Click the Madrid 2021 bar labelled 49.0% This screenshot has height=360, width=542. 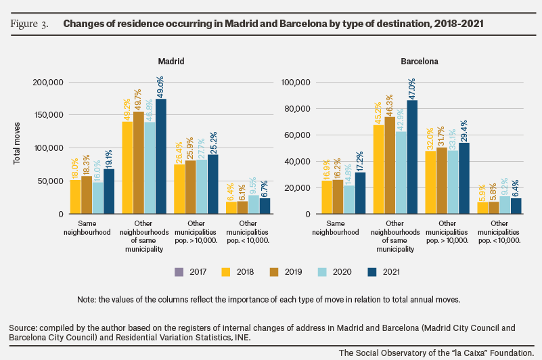(x=161, y=156)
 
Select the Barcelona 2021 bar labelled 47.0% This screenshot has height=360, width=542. (x=412, y=157)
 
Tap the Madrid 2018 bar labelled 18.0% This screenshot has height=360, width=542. (x=75, y=197)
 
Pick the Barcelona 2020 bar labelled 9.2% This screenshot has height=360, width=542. (x=505, y=205)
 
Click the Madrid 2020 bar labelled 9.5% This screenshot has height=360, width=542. (x=254, y=204)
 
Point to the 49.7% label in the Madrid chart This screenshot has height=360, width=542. (x=138, y=99)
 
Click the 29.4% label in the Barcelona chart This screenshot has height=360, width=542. (x=464, y=131)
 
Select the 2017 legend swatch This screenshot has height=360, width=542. (x=179, y=272)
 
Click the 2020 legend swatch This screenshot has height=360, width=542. (x=322, y=272)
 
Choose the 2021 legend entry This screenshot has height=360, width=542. (x=384, y=272)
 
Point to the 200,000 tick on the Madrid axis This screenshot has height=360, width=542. (x=48, y=83)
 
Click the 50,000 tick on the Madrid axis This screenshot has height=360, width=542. (x=50, y=181)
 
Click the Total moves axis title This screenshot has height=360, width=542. (x=17, y=143)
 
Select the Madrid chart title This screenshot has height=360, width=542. (x=171, y=61)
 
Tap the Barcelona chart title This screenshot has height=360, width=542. (x=420, y=61)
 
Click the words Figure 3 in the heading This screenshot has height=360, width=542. (x=29, y=24)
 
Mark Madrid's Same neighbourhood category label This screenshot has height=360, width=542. (x=87, y=227)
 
